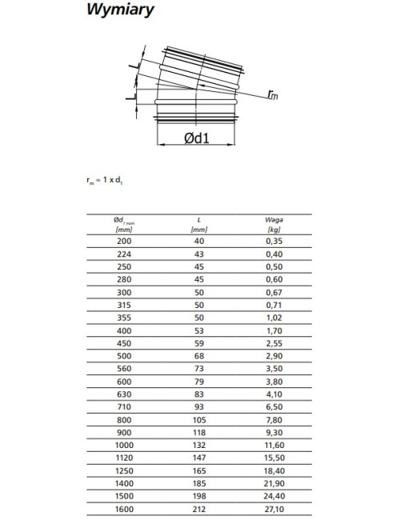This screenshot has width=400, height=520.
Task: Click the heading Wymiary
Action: (x=120, y=10)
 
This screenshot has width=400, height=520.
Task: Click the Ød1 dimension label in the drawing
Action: (x=197, y=138)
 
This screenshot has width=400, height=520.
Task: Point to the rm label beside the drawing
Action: (x=273, y=95)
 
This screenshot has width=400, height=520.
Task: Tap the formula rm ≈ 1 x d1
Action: (x=105, y=181)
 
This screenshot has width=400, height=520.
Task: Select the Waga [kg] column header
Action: (x=274, y=225)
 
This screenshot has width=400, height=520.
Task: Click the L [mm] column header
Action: (x=199, y=225)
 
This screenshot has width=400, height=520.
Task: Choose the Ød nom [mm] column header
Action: (x=124, y=225)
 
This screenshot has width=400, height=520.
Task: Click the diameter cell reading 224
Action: (x=124, y=254)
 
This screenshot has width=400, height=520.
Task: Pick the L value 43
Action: (x=199, y=254)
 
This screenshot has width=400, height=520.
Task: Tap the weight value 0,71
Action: (x=274, y=305)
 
